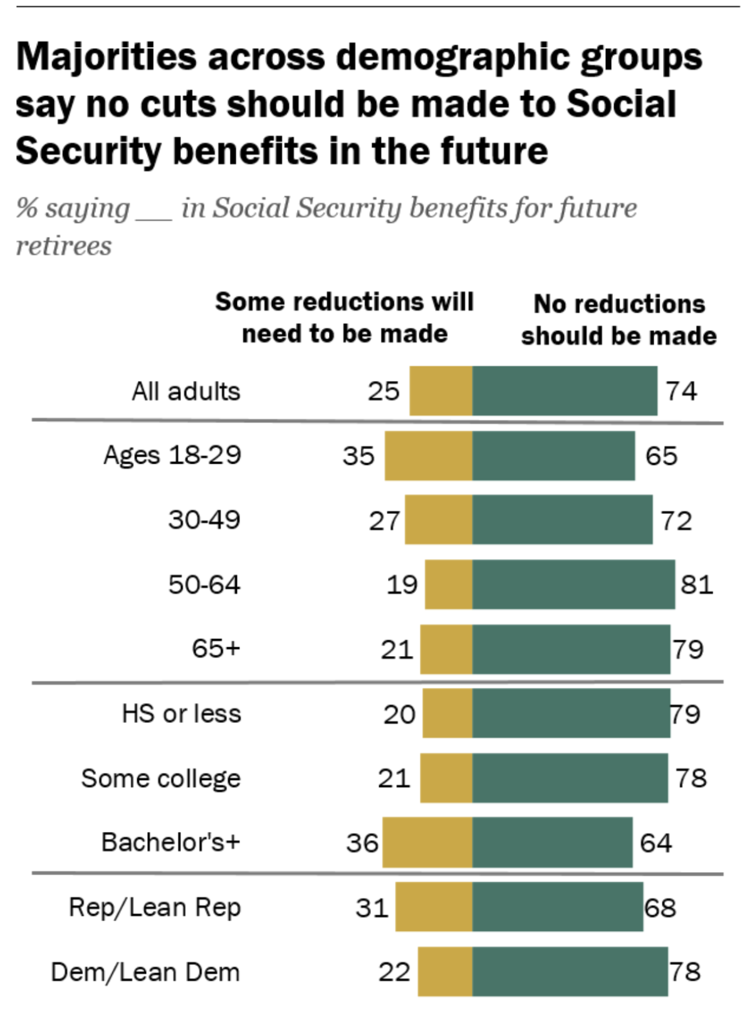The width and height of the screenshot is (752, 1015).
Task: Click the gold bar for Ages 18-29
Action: (x=428, y=455)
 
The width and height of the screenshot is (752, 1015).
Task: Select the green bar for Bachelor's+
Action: (x=552, y=842)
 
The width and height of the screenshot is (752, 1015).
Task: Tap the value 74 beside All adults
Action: (x=681, y=391)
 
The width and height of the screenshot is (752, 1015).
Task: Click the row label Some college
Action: (x=161, y=778)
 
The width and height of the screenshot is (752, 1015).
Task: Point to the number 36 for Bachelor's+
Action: (x=362, y=843)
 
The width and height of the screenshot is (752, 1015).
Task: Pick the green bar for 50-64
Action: (x=573, y=584)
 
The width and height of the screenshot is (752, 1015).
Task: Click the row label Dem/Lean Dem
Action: (x=145, y=972)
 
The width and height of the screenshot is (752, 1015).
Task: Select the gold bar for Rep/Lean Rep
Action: (x=434, y=907)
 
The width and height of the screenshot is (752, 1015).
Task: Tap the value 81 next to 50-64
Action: (x=696, y=585)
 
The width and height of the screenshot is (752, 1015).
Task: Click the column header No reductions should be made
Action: (x=619, y=320)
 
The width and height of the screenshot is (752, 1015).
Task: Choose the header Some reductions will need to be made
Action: (x=344, y=318)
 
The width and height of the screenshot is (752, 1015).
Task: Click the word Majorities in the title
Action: (x=107, y=58)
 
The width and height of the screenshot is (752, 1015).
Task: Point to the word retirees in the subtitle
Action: (x=64, y=246)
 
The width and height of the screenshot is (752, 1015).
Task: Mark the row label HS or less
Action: (x=181, y=714)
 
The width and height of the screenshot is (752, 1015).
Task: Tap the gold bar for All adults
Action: (x=441, y=391)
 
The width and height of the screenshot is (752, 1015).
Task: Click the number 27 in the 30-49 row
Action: (x=384, y=521)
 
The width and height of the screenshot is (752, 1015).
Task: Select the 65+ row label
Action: (x=216, y=648)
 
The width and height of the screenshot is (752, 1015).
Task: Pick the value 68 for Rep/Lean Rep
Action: (x=660, y=908)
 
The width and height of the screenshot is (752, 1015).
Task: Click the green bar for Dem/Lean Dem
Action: (x=570, y=971)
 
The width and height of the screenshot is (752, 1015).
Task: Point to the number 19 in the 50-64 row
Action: (x=401, y=585)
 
